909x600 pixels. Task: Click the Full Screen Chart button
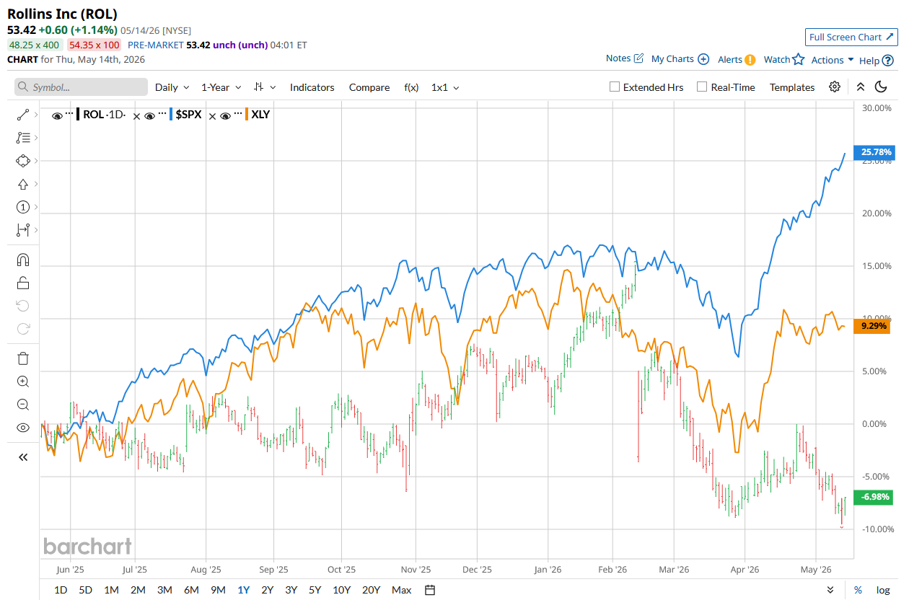point(851,37)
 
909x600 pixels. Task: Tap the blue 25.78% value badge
point(874,152)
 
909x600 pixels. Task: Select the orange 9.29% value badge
point(871,326)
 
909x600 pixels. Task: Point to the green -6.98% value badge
point(873,497)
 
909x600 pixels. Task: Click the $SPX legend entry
point(188,115)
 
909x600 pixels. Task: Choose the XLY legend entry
point(260,115)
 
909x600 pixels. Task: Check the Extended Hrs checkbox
point(615,87)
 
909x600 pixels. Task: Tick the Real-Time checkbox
point(702,87)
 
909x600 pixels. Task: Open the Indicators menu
point(312,87)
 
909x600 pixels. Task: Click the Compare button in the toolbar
point(369,87)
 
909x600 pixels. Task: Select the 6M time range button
point(191,590)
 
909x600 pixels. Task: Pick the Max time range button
point(401,590)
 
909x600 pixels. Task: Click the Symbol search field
point(81,87)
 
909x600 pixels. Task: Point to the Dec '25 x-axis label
point(477,570)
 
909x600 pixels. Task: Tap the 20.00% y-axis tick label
point(877,213)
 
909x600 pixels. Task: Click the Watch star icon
point(798,59)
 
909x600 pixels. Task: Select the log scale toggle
point(883,590)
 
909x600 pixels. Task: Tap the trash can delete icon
point(23,358)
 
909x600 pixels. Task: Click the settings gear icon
point(834,87)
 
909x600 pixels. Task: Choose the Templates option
point(791,87)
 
